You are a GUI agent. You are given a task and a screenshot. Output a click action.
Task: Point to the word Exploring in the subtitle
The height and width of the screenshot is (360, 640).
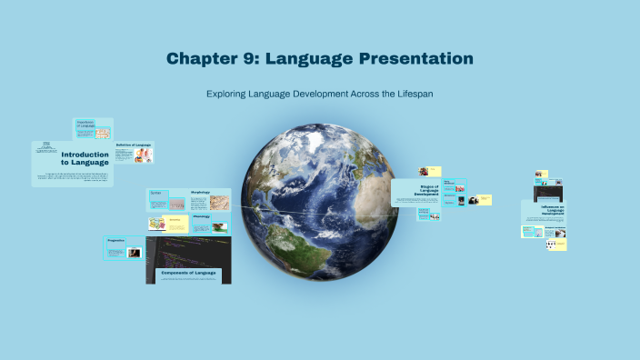pos(227,94)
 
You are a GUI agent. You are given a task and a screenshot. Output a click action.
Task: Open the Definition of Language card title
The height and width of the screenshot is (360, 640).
pos(133,145)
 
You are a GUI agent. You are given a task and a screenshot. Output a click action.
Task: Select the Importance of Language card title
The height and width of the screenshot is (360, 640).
pos(85,124)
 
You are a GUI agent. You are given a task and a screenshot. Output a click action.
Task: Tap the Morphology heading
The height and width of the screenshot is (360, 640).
pos(201,193)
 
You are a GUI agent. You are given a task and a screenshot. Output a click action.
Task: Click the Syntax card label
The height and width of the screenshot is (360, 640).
pos(155,193)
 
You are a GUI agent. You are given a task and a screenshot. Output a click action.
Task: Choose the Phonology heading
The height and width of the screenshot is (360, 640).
pos(201,216)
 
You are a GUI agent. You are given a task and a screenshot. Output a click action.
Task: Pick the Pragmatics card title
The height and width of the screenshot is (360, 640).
pos(115,241)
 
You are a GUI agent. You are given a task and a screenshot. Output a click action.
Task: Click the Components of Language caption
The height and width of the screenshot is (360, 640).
pos(188,273)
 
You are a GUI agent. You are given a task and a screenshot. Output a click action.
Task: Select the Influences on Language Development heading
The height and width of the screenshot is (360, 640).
pos(544,211)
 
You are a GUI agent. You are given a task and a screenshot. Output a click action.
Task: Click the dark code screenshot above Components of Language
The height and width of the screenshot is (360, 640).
pos(187,249)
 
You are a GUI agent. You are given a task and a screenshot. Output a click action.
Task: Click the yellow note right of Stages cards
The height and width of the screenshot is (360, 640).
pos(482,199)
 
